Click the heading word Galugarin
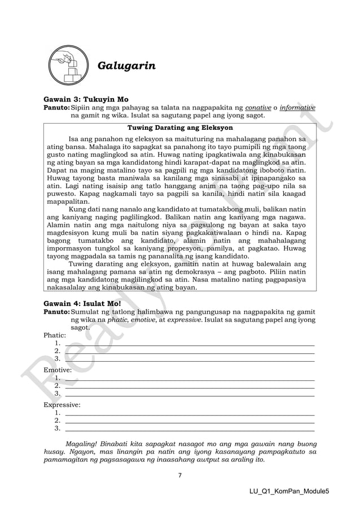127,67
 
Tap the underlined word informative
297,107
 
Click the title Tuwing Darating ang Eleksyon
180,128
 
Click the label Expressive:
62,405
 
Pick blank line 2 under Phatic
190,351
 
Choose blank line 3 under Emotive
190,394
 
